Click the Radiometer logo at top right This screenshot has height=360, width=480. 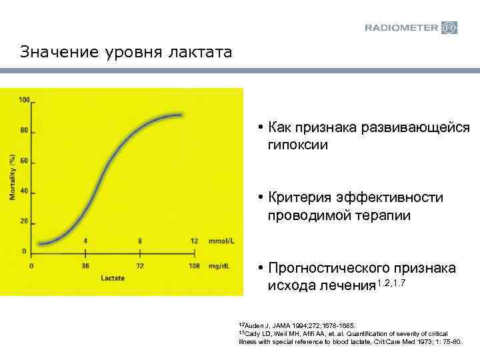click(411, 27)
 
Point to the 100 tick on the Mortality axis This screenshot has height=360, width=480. click(25, 100)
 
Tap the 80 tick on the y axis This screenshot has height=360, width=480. click(25, 131)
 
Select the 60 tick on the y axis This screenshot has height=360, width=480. click(25, 161)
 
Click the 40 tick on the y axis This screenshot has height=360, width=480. click(25, 191)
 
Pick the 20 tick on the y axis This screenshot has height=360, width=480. click(25, 221)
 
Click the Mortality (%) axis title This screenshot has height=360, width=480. click(12, 177)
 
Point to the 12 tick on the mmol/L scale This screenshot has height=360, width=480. click(194, 241)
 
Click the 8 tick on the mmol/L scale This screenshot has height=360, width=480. click(139, 241)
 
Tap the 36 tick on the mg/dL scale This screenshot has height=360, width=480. click(85, 265)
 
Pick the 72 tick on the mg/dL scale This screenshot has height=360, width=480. click(139, 265)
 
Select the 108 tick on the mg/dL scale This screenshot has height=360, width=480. click(193, 265)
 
